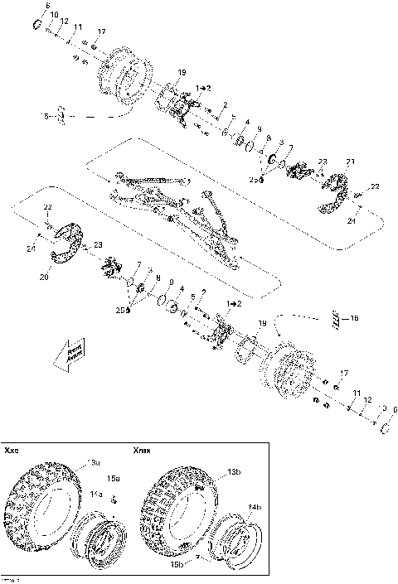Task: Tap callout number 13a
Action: tap(95, 462)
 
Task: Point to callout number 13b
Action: tap(211, 471)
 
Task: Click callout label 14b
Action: tap(254, 507)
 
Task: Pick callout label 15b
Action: tap(176, 565)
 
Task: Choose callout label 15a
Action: tap(114, 479)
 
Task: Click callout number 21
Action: tap(351, 161)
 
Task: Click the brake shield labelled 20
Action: tap(64, 249)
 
